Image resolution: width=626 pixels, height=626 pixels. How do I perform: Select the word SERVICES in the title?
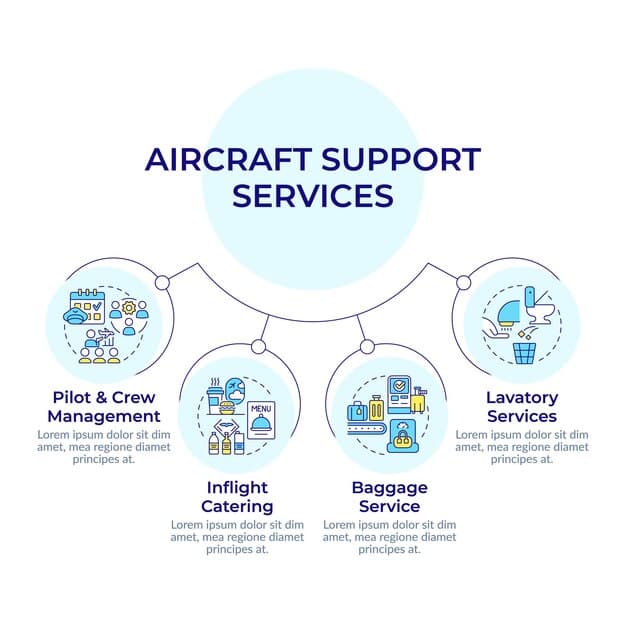point(312,194)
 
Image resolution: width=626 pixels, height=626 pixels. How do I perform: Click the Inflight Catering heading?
point(237,497)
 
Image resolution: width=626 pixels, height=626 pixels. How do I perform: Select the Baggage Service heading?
point(388,497)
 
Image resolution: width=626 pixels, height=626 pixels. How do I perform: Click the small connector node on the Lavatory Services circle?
point(463,283)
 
